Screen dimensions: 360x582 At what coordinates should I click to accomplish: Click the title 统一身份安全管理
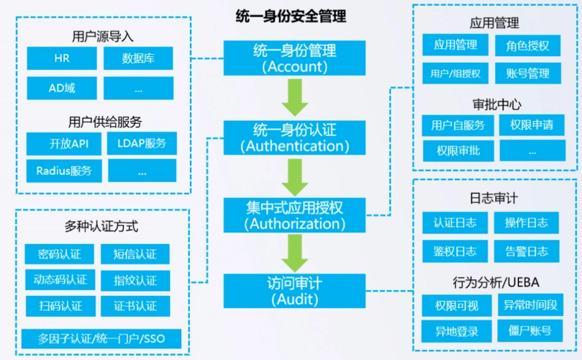coord(291,16)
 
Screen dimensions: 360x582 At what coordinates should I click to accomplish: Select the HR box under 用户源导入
coord(61,58)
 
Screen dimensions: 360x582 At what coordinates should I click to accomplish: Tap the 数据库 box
coord(138,58)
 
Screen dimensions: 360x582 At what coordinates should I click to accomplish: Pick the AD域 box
coord(61,89)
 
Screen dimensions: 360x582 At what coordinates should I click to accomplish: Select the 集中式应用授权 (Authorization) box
coord(295,214)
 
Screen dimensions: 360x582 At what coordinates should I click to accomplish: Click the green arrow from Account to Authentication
coord(295,96)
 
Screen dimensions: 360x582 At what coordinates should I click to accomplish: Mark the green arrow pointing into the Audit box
coord(295,252)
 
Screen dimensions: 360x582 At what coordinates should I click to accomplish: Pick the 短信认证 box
coord(135,254)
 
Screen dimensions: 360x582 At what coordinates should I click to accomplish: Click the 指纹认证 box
coord(135,280)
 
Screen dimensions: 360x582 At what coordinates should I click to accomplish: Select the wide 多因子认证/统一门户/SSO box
coord(100,338)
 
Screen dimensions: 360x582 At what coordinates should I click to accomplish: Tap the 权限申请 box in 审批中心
coord(532,125)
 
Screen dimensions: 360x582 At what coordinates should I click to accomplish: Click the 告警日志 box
coord(527,251)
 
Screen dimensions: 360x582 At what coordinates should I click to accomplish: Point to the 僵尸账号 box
coord(529,330)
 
